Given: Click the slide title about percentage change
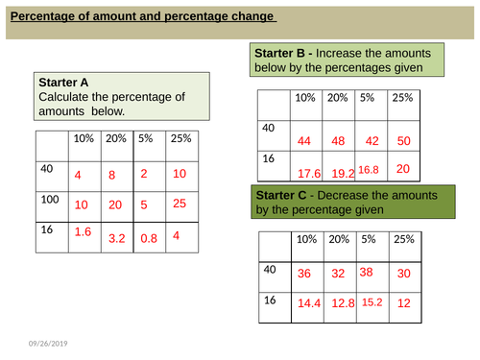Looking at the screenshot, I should point(142,16).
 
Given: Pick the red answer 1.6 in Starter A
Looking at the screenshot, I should point(84,231).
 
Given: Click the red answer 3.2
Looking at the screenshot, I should point(117,236).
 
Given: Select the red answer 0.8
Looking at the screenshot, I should point(149,236).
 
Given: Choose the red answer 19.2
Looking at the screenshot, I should point(342,174).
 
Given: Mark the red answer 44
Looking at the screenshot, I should point(305,141).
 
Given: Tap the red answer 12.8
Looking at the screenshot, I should point(342,302).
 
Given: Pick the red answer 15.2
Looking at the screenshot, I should point(373,301).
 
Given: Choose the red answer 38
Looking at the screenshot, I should point(365,271).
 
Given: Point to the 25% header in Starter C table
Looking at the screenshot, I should point(403,240).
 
